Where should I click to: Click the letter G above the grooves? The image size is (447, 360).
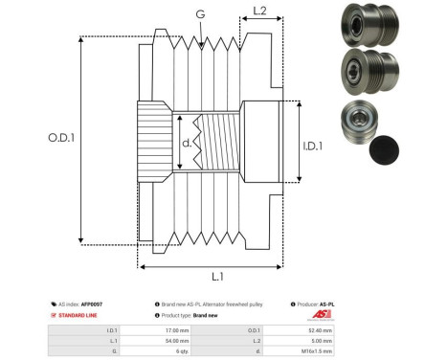199,13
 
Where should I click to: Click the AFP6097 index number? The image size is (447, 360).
91,304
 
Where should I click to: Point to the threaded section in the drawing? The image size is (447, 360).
219,145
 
